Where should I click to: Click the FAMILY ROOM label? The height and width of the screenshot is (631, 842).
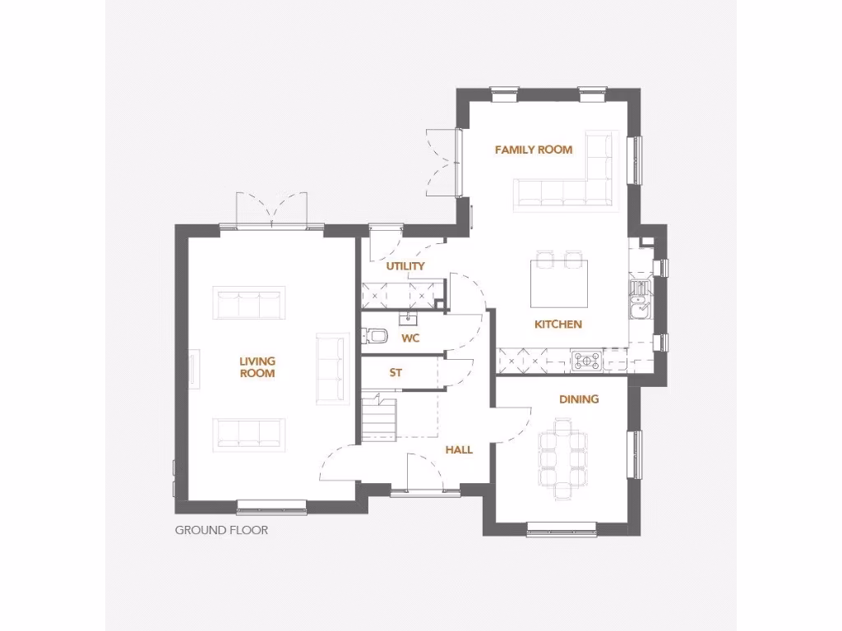533,150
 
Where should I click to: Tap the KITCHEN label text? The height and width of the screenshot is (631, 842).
557,325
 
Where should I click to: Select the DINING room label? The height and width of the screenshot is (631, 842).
579,399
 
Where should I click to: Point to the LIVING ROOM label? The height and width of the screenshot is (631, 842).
257,367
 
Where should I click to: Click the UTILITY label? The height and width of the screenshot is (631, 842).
405,266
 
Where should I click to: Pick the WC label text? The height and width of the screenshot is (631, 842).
411,338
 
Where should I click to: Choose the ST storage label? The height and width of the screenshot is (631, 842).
396,373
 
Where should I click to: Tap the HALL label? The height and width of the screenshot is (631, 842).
459,449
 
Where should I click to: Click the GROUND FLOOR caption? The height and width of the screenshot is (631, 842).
221,530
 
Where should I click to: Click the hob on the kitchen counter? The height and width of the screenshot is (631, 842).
587,360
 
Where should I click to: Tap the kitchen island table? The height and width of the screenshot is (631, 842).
558,283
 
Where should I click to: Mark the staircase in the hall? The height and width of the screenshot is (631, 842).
378,417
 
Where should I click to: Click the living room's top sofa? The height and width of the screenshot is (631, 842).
249,303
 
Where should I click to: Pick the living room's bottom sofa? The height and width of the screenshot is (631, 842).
249,434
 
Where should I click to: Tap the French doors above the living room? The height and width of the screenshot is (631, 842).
271,210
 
